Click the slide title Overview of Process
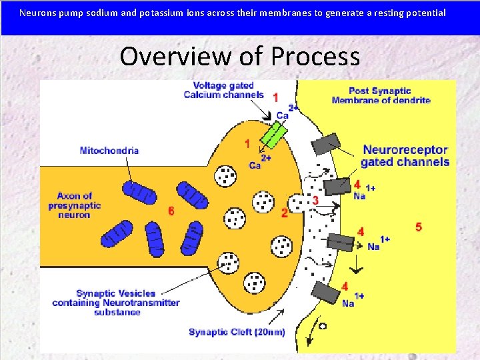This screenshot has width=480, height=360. click(239, 56)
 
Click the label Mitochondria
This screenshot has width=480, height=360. click(109, 151)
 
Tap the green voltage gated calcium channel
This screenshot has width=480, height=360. click(273, 133)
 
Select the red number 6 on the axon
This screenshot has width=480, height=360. click(171, 211)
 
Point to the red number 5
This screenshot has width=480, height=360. click(419, 227)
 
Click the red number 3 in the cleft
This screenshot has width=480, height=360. click(315, 200)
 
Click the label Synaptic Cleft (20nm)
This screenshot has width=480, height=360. click(237, 332)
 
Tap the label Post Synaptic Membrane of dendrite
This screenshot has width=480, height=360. click(381, 95)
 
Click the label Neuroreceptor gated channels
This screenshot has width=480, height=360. click(405, 156)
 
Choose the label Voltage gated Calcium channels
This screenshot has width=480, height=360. click(224, 90)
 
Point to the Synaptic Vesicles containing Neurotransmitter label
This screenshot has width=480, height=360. click(116, 303)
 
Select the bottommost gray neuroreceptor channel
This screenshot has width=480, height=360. click(325, 293)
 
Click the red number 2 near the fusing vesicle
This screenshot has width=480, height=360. click(285, 213)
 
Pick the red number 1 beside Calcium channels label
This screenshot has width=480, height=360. click(276, 97)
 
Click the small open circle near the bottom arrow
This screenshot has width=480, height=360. click(323, 326)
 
